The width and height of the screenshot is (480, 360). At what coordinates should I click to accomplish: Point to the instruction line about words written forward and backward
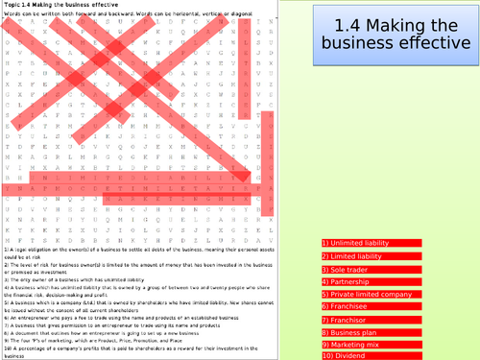(x=115, y=15)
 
